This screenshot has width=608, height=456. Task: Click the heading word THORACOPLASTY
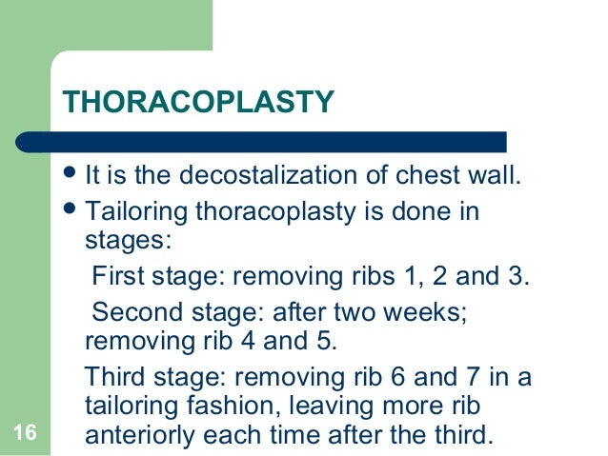pyautogui.click(x=197, y=101)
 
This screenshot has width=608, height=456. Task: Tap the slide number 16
pyautogui.click(x=26, y=435)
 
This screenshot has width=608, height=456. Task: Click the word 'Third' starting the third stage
pyautogui.click(x=112, y=377)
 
